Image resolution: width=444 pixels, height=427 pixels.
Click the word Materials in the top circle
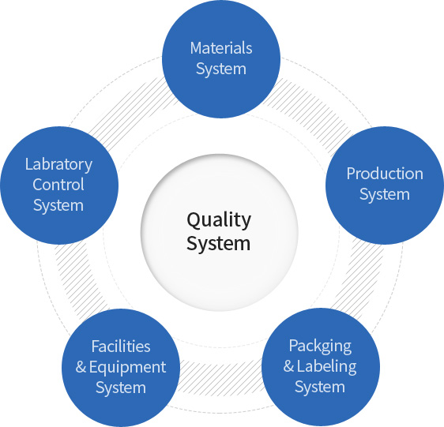[221, 48]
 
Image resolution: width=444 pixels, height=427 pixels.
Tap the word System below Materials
[221, 69]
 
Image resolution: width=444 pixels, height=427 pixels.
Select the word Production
[385, 174]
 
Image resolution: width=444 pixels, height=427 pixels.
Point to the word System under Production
[385, 195]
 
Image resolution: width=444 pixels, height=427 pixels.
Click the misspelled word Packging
[320, 346]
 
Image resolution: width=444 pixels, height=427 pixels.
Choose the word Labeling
[327, 366]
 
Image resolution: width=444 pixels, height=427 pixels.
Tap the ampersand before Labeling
[288, 366]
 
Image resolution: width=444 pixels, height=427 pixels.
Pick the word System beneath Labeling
[320, 387]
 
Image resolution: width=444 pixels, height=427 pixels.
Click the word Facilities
[121, 346]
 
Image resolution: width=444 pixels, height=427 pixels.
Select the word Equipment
[127, 368]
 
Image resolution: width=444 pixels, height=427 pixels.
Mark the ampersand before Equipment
[81, 367]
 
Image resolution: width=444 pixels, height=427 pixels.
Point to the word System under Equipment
[121, 388]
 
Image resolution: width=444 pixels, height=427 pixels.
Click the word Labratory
[59, 164]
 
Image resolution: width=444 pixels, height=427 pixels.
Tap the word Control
[58, 185]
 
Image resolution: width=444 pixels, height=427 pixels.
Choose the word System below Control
[58, 206]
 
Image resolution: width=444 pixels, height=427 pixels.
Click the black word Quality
[219, 220]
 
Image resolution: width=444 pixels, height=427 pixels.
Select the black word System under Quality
[218, 244]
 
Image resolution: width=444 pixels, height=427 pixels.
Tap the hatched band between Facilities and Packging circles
[221, 376]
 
